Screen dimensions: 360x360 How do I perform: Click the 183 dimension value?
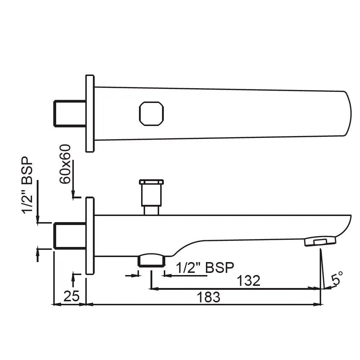tap(208, 297)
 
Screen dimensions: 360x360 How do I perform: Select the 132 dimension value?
tap(248, 280)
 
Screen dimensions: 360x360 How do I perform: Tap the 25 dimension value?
tap(71, 296)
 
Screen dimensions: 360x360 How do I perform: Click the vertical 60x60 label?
tap(65, 164)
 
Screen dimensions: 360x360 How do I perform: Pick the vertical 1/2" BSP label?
tap(27, 185)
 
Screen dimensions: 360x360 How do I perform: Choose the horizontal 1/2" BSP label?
tap(205, 267)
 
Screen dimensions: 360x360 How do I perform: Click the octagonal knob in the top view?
tap(151, 114)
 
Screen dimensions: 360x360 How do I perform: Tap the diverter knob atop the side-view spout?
tap(151, 197)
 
